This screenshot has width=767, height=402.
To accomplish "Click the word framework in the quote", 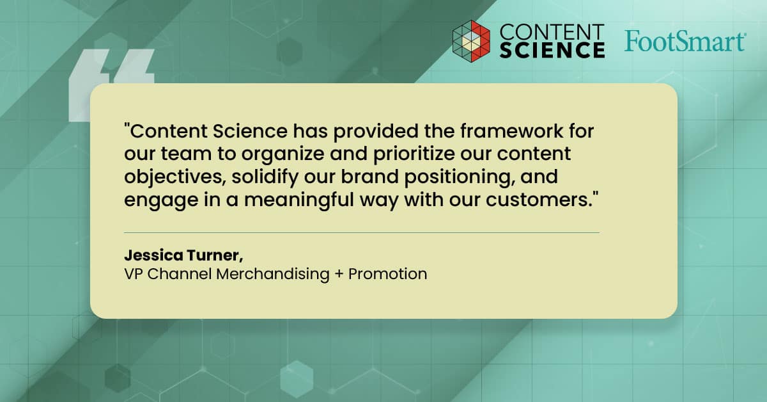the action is click(x=511, y=131).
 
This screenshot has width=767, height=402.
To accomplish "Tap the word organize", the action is click(x=283, y=154).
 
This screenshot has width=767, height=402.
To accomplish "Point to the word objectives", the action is click(x=175, y=177).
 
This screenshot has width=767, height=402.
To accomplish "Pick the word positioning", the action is click(x=460, y=177).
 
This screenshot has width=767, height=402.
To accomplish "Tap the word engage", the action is click(x=161, y=200).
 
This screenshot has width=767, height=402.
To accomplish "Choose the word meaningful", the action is click(x=299, y=200).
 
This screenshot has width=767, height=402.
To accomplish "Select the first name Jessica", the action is click(x=154, y=255).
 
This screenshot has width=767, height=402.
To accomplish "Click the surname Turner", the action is click(x=215, y=255).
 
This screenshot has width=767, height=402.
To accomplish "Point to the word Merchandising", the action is click(x=273, y=275).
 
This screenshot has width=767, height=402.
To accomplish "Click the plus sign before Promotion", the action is click(x=339, y=275).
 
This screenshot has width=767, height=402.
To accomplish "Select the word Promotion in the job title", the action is click(x=387, y=274).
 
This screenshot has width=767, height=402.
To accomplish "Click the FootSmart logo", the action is click(x=685, y=41).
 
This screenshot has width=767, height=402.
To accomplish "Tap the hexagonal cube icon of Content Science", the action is click(x=471, y=41).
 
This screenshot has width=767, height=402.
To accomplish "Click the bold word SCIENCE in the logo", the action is click(x=552, y=50).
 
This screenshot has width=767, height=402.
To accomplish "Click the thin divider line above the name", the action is click(x=362, y=232).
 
